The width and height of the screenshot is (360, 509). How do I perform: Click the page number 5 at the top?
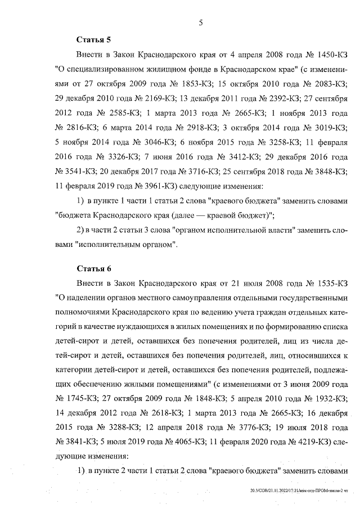(201, 22)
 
